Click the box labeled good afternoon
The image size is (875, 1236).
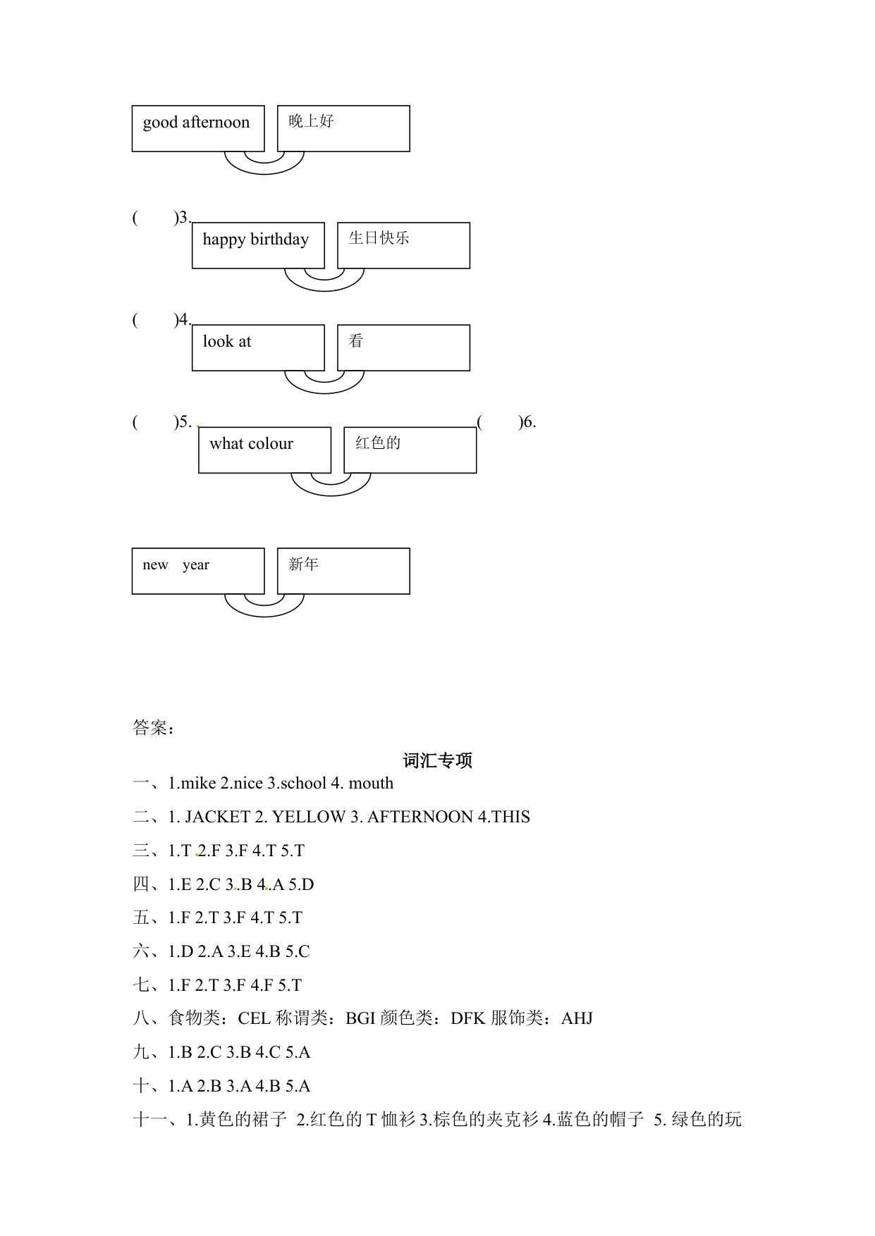[x=197, y=128]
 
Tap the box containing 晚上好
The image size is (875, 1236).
[x=343, y=128]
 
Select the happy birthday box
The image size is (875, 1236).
[x=257, y=245]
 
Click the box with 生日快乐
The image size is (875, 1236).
[x=403, y=245]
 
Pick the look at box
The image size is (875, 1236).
[x=257, y=347]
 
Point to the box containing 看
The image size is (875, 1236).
[x=403, y=347]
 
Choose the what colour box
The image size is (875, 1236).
[x=264, y=449]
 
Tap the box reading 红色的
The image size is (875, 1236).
[x=410, y=449]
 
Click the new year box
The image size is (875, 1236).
[x=197, y=570]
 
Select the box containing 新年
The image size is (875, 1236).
[x=343, y=570]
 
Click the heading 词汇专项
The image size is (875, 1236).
[x=437, y=760]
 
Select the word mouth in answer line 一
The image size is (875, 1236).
[x=371, y=784]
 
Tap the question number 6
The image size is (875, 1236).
[x=529, y=422]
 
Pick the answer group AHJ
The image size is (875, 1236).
[x=577, y=1018]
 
